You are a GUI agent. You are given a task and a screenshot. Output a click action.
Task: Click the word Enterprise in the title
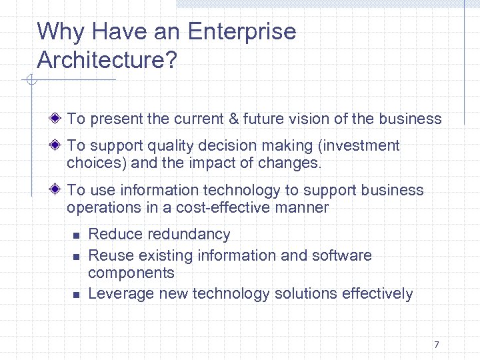[242, 32]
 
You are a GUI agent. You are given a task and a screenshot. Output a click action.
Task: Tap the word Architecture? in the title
[107, 60]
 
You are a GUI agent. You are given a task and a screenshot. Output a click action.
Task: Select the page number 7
[436, 345]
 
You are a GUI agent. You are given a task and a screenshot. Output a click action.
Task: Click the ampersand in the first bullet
[233, 119]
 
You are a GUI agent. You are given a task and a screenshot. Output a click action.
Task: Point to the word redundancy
[189, 234]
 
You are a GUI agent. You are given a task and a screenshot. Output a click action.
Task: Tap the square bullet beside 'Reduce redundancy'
[76, 235]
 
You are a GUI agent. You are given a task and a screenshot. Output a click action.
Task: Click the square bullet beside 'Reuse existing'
[76, 256]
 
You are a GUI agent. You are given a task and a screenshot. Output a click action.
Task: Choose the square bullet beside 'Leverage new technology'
[76, 294]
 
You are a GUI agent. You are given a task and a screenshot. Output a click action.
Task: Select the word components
[131, 273]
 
